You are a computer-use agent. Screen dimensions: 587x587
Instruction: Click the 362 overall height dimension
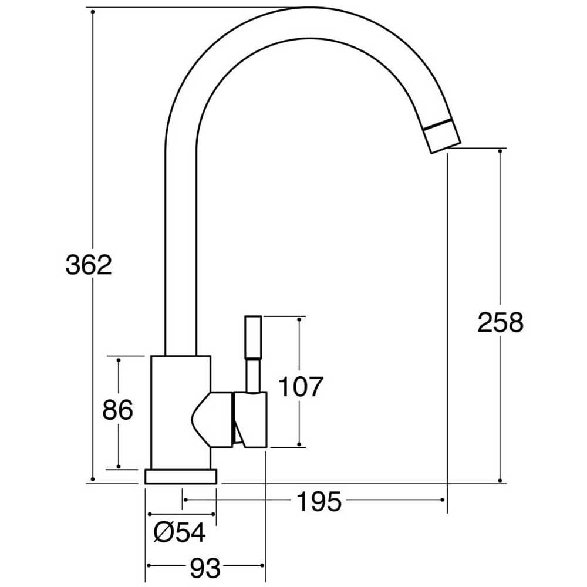pos(88,266)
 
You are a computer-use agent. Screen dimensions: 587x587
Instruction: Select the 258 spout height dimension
pos(500,322)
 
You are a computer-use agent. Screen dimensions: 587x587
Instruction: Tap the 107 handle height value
pos(300,387)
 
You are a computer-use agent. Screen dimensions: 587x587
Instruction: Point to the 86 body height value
pos(117,410)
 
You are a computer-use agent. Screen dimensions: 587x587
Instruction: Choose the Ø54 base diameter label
pos(180,533)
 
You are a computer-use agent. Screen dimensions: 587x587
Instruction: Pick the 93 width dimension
pos(205,567)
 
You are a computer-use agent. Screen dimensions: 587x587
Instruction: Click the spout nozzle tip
pos(444,137)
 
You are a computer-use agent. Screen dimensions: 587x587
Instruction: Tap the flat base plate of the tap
pos(181,476)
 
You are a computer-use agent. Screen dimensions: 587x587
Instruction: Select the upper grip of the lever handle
pos(252,338)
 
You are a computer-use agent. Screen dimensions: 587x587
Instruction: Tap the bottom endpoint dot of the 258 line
pos(500,481)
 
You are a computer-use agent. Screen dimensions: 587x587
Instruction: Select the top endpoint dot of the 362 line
pos(93,11)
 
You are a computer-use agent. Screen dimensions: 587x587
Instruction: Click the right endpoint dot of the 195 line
pos(443,500)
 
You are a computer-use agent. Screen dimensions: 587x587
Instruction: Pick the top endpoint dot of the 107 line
pos(299,319)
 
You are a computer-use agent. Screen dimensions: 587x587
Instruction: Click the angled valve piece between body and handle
pos(211,420)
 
